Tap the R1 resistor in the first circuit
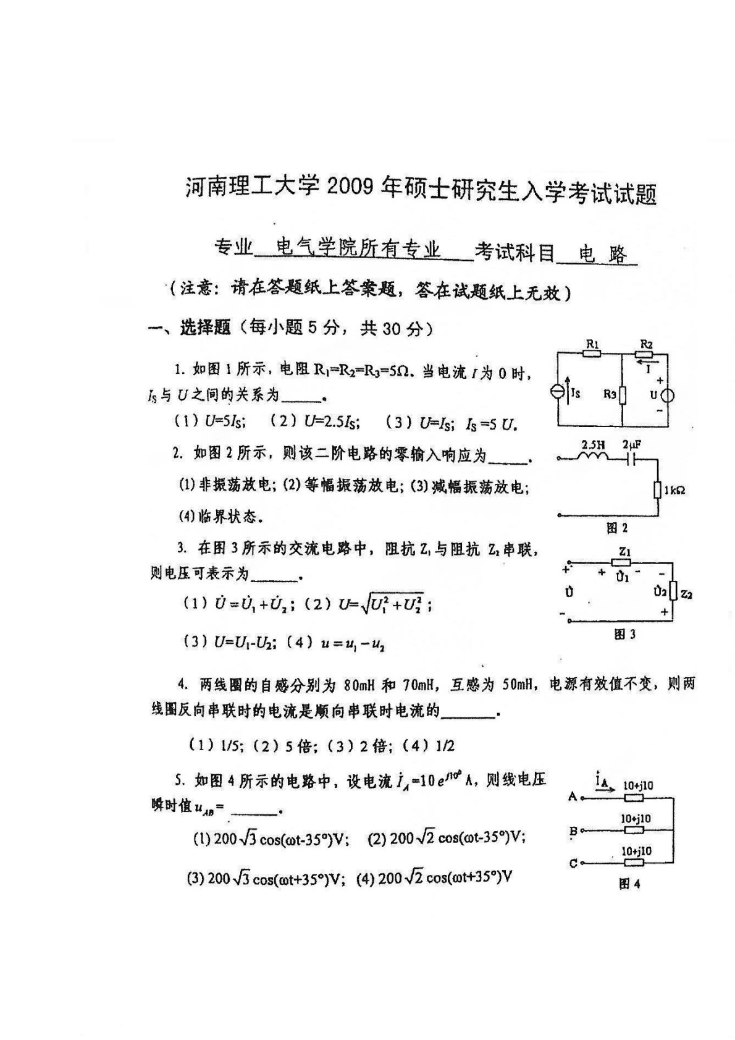coord(592,353)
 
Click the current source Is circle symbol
coord(557,392)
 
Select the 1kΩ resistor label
coord(674,490)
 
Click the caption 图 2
coord(617,528)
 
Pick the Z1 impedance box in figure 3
coord(621,562)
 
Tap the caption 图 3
coord(625,634)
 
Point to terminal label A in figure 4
coord(572,797)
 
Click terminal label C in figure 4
coord(573,863)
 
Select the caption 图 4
coord(629,884)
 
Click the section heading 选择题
coord(204,328)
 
